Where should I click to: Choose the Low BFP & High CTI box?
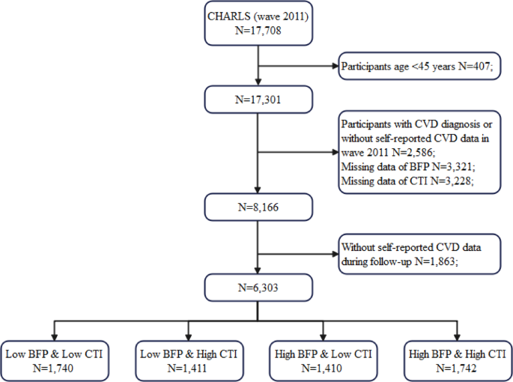pos(188,357)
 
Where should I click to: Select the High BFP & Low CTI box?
pos(322,357)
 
